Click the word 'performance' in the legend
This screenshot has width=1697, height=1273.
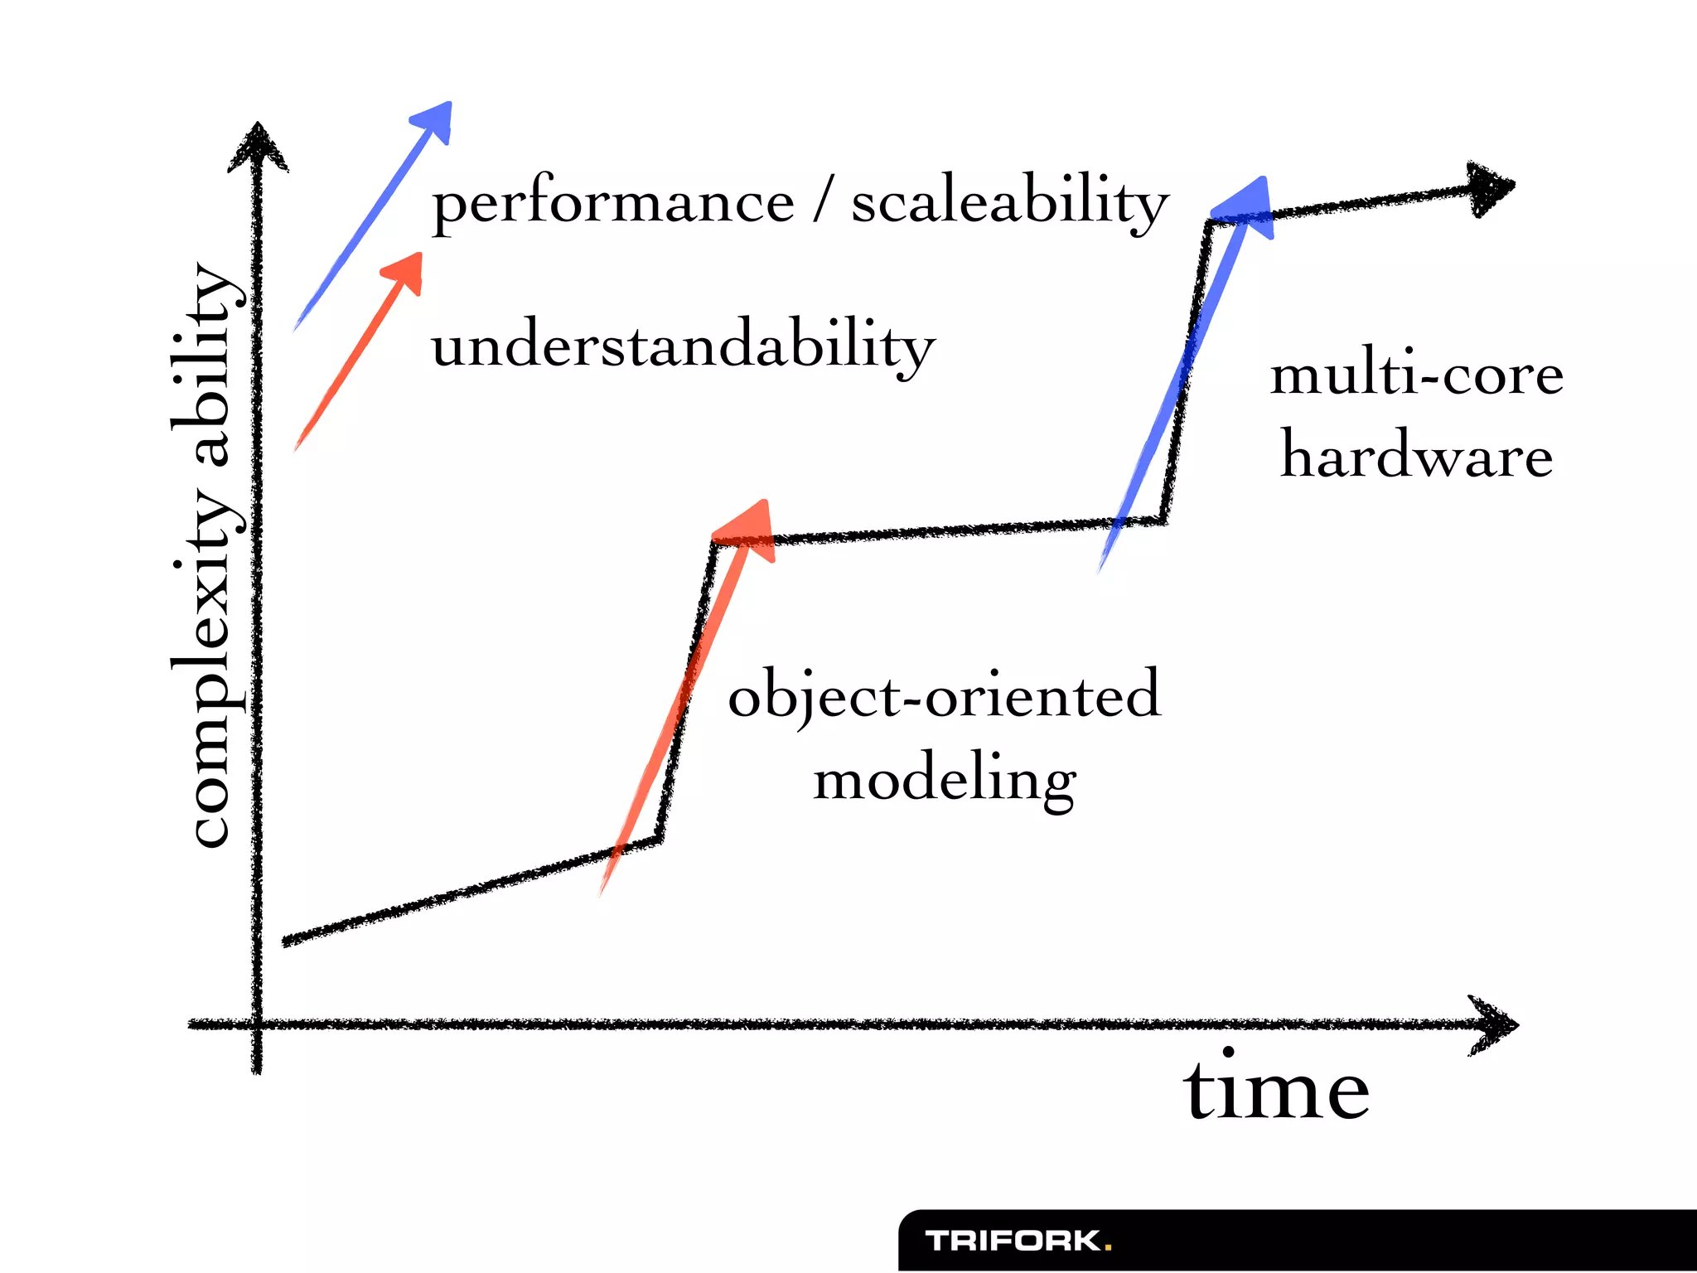pos(613,203)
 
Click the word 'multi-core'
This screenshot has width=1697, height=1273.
pos(1416,375)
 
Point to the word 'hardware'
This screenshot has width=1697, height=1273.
pos(1416,456)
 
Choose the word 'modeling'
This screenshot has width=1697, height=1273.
pos(945,781)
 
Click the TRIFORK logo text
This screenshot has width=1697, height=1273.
pos(1013,1241)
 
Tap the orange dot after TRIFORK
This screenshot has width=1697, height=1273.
pos(1108,1246)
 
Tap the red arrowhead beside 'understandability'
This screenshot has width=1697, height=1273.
pos(406,270)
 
